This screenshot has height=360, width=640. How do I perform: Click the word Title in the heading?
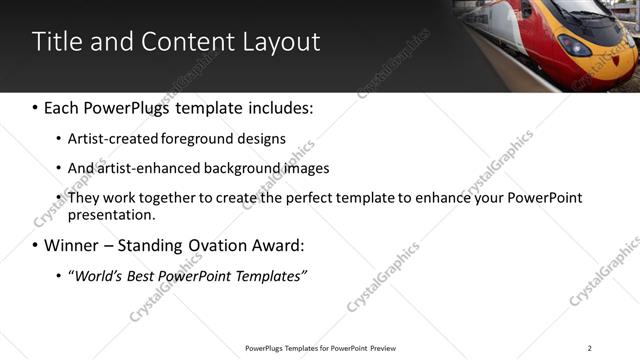coord(56,41)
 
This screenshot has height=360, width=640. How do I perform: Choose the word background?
coord(248,168)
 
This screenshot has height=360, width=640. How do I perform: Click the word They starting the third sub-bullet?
coord(84,198)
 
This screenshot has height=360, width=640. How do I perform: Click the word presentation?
coord(112,214)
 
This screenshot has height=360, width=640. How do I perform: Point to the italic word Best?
coord(144,275)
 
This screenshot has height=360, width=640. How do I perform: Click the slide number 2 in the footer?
coord(589,348)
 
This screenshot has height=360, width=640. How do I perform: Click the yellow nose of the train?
coord(575,45)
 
